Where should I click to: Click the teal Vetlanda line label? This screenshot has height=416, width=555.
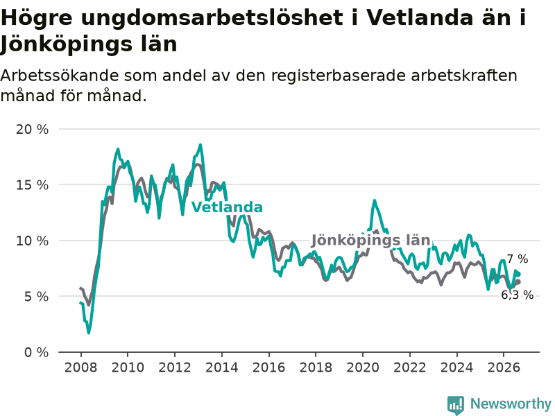tap(227, 207)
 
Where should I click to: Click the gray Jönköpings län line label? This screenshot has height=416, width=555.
tap(370, 241)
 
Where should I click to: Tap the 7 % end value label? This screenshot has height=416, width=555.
tap(517, 259)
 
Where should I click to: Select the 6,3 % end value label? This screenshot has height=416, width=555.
tap(517, 295)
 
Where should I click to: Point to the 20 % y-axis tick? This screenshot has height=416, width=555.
tap(32, 129)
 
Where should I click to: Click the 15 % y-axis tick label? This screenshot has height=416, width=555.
tap(32, 184)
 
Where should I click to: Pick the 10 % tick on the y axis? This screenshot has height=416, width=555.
tap(32, 241)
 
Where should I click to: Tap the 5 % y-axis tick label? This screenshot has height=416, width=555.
tap(37, 297)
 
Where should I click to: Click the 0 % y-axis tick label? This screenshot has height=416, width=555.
tap(37, 352)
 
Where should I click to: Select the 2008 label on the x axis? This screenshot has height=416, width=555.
tap(80, 367)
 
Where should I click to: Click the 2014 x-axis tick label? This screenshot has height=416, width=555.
tap(222, 367)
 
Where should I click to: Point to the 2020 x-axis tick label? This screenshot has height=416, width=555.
tap(363, 367)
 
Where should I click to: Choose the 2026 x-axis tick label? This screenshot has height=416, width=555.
tap(504, 367)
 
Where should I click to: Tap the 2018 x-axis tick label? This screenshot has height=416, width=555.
tap(316, 367)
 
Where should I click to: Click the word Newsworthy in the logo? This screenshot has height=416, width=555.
tap(511, 404)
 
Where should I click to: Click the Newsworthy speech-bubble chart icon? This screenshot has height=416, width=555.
tap(456, 405)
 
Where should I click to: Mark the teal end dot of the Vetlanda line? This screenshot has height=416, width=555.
tap(518, 274)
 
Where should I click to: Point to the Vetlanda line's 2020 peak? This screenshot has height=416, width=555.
tap(375, 200)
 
